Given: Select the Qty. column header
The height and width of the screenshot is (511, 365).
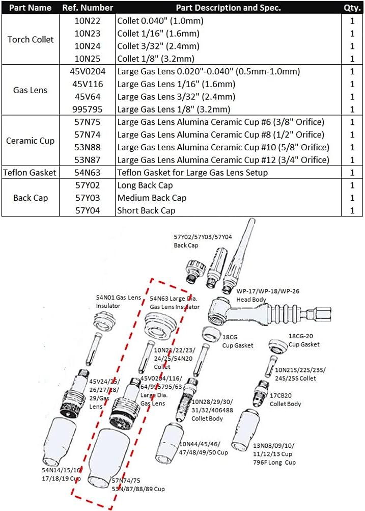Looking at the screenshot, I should (352, 8).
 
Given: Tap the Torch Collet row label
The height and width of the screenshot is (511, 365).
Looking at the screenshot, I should (31, 39).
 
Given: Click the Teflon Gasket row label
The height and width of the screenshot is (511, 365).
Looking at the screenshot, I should (30, 173).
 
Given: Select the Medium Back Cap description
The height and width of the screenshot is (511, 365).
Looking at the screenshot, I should (152, 198).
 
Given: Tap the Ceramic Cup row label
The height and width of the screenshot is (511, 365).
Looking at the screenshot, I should (31, 141).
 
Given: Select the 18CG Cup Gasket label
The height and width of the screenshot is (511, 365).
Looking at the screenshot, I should (237, 341).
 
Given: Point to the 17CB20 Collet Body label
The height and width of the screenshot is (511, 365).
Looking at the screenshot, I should (285, 400).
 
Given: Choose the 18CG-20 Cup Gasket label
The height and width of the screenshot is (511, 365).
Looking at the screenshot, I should (304, 341).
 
